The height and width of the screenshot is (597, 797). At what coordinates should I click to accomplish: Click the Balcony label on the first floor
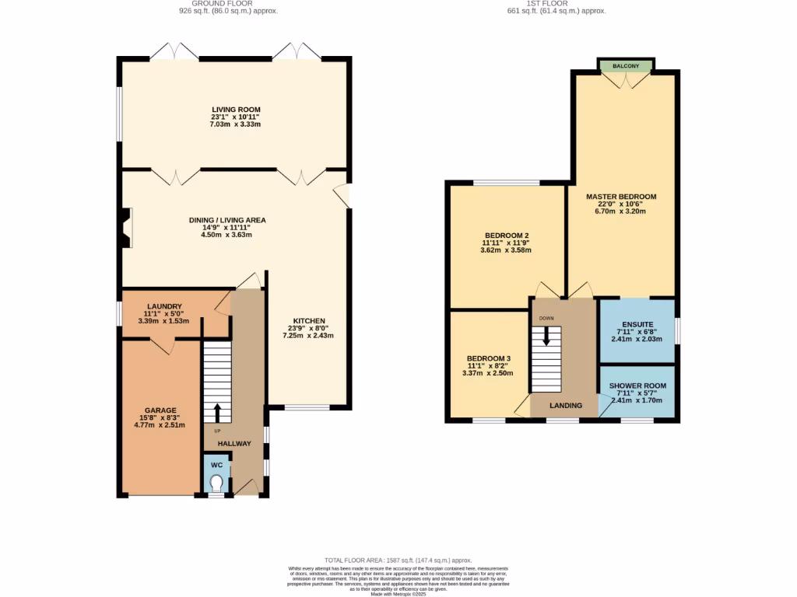(626, 66)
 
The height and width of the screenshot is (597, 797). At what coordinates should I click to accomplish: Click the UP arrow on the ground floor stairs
(217, 412)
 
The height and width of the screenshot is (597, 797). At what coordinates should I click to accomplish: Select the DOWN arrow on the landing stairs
(546, 335)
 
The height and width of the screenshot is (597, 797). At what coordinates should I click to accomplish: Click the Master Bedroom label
(621, 197)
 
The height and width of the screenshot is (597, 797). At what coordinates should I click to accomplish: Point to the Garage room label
(160, 410)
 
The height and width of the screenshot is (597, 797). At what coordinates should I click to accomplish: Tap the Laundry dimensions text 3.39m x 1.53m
(163, 320)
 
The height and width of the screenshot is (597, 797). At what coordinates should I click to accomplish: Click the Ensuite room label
(637, 325)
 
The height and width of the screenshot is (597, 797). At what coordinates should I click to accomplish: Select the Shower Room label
(637, 386)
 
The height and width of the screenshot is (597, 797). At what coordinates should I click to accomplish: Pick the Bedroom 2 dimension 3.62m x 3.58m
(506, 250)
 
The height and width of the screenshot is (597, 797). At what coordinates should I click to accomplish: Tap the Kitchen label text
(308, 321)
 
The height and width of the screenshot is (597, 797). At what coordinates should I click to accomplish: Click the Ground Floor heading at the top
(227, 3)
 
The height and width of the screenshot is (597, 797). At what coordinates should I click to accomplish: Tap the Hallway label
(234, 444)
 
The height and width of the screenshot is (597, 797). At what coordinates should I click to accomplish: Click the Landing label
(566, 406)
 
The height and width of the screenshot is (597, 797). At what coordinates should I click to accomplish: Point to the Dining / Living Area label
(227, 220)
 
